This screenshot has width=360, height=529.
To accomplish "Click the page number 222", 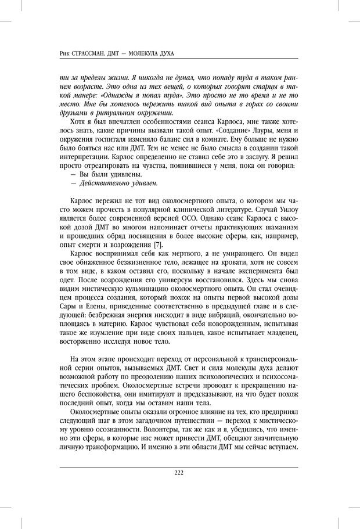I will (179, 472).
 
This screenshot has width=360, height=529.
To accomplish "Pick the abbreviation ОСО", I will (187, 221).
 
